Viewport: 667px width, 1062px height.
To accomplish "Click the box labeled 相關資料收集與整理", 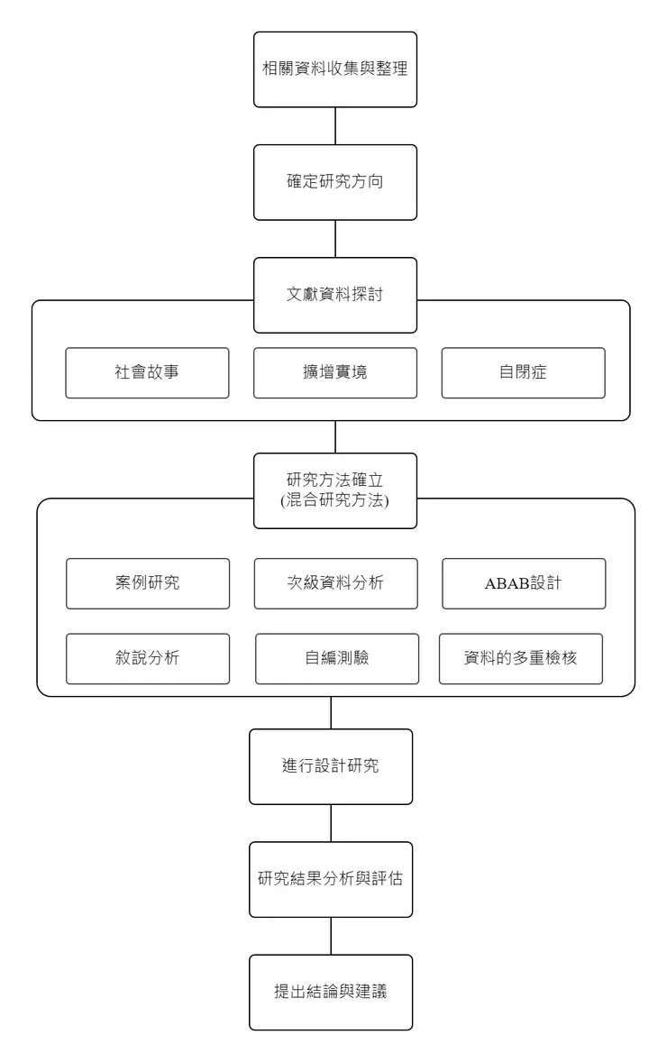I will [x=335, y=69].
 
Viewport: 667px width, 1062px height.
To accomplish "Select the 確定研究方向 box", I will [x=335, y=182].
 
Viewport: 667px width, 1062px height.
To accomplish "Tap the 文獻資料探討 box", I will [x=335, y=295].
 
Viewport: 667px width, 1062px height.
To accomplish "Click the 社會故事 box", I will [x=147, y=372].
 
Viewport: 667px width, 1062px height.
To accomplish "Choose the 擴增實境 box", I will [x=335, y=372].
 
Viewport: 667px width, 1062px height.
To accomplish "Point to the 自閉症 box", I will [x=523, y=372].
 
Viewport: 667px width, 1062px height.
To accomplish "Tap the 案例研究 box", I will [x=147, y=582].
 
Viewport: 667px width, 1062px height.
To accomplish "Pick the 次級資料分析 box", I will [x=335, y=582].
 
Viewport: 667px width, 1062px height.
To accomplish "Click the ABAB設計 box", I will [x=523, y=582].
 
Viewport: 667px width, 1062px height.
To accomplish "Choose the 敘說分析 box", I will [x=147, y=658].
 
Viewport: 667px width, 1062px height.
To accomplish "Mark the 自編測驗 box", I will [x=336, y=658].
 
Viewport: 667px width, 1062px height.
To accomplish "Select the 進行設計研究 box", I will [x=331, y=766].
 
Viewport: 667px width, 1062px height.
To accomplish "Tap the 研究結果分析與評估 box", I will [x=331, y=879].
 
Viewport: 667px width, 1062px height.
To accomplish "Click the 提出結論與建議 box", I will [x=331, y=992].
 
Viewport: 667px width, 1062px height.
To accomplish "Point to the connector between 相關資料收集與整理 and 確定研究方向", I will [x=335, y=126].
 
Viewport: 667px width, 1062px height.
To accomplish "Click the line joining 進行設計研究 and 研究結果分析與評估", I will [x=331, y=823].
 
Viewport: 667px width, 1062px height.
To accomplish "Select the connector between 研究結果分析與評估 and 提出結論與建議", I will [x=331, y=936].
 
